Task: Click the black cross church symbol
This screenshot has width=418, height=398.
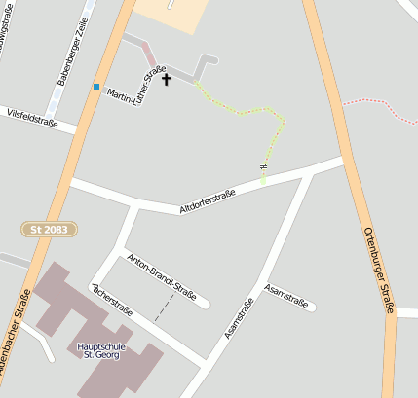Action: (166, 79)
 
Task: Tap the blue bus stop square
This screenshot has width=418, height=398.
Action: (96, 87)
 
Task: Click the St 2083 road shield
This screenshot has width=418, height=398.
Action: (49, 228)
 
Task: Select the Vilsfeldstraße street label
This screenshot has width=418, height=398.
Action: (31, 119)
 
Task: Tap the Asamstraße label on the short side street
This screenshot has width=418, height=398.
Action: (286, 296)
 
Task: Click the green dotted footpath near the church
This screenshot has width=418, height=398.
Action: (244, 112)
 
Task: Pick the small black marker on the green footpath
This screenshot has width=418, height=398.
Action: (263, 167)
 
